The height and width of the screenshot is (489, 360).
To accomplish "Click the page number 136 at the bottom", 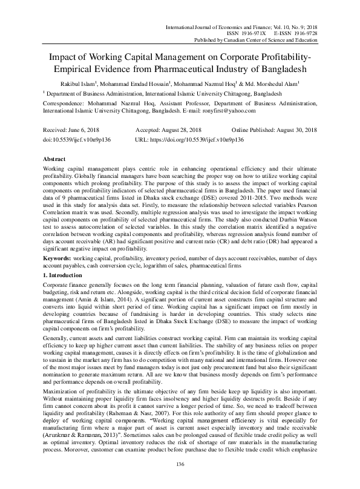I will click(x=180, y=464).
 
